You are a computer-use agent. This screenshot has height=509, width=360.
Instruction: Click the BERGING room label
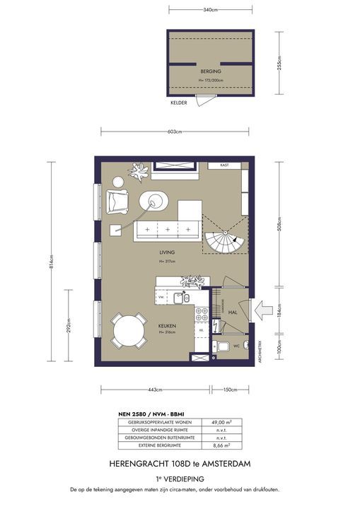(x=210, y=71)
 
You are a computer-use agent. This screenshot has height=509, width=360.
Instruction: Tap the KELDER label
(x=180, y=103)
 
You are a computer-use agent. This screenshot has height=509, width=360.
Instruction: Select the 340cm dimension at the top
(x=210, y=10)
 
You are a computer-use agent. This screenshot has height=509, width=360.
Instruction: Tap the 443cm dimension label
(x=155, y=390)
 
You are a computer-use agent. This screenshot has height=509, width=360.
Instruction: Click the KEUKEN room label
(x=166, y=326)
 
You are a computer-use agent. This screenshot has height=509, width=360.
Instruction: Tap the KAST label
(x=224, y=165)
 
